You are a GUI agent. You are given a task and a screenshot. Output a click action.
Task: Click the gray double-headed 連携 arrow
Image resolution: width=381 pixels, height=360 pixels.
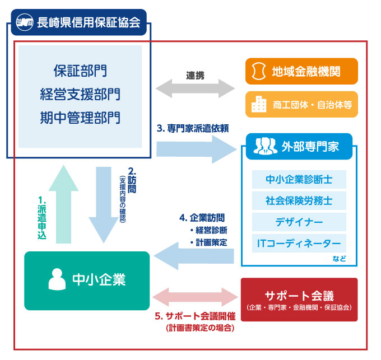tap(194, 87)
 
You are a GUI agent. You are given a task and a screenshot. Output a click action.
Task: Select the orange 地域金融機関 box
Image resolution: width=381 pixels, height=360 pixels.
tap(301, 72)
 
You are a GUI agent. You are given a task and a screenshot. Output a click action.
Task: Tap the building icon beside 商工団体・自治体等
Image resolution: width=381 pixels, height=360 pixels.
tap(258, 104)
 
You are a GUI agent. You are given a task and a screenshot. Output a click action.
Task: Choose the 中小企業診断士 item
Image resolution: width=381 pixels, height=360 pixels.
tap(299, 180)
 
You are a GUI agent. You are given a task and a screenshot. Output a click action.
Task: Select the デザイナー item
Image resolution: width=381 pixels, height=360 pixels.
tap(299, 222)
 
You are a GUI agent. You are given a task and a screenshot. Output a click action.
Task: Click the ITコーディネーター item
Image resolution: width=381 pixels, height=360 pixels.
tap(299, 244)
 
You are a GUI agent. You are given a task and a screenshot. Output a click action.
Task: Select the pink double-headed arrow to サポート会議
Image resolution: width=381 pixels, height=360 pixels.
tap(194, 296)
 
